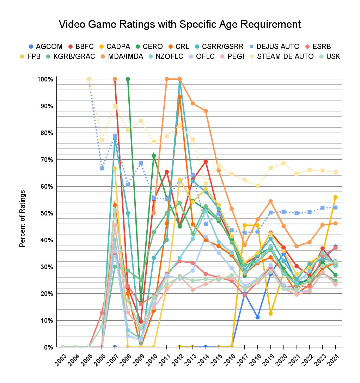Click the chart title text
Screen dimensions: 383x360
tap(180, 24)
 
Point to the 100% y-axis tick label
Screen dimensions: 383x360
tap(45, 79)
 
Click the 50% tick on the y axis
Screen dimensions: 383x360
tap(47, 213)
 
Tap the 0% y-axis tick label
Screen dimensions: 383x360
tap(48, 347)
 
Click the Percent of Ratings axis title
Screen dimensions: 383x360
tap(22, 219)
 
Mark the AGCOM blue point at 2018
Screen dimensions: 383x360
tap(258, 317)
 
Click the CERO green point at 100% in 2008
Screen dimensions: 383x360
tap(128, 79)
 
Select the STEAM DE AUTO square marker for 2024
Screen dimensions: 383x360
tap(335, 172)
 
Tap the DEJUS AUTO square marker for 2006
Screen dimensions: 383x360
tap(102, 168)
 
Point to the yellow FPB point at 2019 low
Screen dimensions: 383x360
tap(270, 314)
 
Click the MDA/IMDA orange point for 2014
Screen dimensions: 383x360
tap(206, 111)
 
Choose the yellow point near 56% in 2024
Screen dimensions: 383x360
tap(335, 197)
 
